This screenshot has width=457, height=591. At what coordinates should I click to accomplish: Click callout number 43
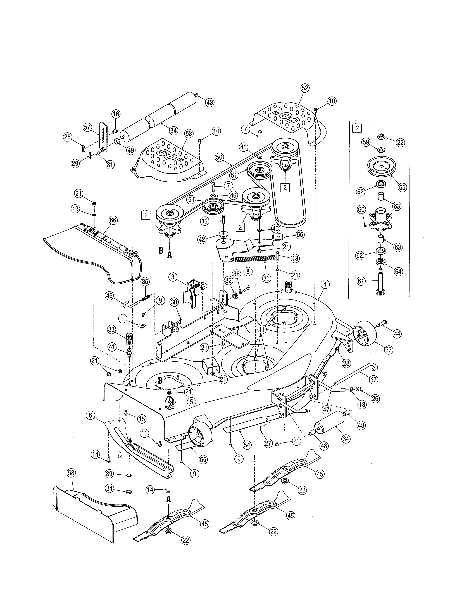[x=210, y=102]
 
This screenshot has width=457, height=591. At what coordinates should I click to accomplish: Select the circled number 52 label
[x=304, y=88]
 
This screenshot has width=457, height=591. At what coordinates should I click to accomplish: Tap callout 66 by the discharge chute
[x=113, y=220]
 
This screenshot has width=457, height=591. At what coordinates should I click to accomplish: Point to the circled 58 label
[x=71, y=473]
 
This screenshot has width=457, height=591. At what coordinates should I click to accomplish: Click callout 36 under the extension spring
[x=267, y=278]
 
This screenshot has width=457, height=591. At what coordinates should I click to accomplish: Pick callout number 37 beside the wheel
[x=389, y=350]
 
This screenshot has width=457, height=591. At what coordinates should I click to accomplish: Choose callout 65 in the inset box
[x=403, y=187]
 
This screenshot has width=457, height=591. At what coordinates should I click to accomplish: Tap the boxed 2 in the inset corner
[x=357, y=128]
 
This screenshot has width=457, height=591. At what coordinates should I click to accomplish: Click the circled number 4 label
[x=325, y=284]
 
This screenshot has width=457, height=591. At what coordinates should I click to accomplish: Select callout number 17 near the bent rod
[x=374, y=380]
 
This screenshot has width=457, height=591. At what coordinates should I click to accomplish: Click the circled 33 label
[x=111, y=330]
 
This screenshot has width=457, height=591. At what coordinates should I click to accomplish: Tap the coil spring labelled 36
[x=254, y=259]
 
